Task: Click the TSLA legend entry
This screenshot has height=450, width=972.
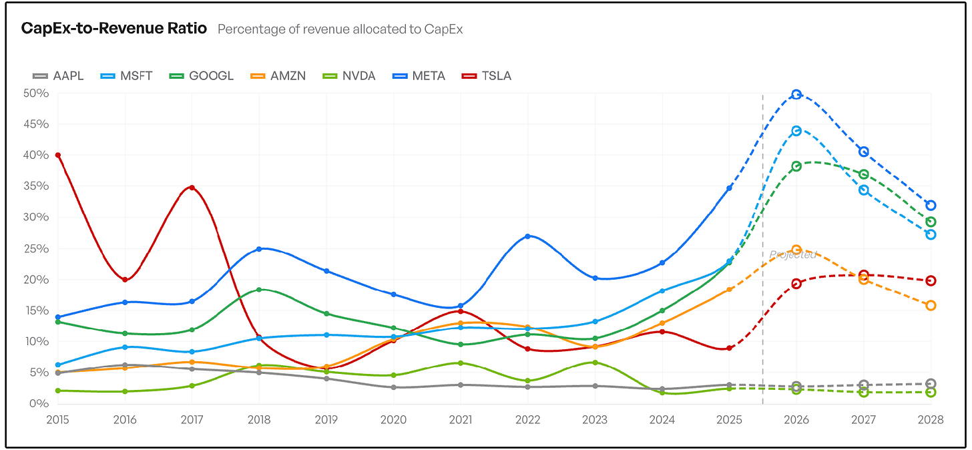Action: [487, 76]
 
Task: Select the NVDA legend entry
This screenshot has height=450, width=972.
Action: [349, 76]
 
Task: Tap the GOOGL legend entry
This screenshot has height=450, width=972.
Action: [202, 76]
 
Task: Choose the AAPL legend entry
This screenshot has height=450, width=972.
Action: [58, 76]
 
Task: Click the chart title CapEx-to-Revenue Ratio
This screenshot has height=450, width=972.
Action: [114, 28]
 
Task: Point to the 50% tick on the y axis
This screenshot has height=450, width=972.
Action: [36, 93]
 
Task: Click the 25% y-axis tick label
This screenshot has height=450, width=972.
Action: [36, 248]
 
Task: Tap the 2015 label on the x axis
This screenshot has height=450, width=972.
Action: [57, 420]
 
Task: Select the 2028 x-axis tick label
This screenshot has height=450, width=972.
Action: [931, 420]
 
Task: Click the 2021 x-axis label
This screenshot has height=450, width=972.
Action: [461, 420]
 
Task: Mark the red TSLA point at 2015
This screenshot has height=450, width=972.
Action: [57, 156]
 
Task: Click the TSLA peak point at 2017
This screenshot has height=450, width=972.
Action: [192, 188]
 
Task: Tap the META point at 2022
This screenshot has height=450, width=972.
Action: [527, 236]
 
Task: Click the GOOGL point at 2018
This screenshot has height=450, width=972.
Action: [259, 290]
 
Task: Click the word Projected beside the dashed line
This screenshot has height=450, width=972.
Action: [793, 255]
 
